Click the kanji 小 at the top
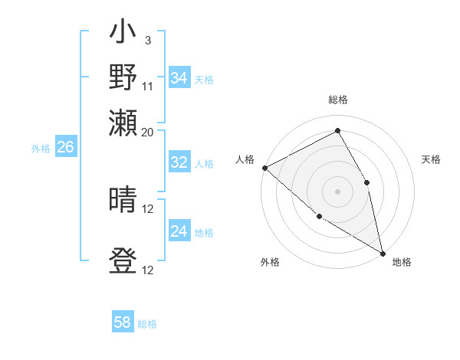123,34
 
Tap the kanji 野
123,79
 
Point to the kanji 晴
123,201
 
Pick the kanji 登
123,261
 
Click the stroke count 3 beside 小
147,39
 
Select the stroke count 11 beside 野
147,86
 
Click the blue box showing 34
179,78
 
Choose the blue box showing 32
179,162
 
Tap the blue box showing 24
179,231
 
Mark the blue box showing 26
65,147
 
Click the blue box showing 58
123,322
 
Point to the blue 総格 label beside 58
147,324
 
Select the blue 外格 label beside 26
41,149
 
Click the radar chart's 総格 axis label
338,100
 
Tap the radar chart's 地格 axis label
402,262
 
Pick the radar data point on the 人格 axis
264,168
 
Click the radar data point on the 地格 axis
382,252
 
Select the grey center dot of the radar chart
337,191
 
